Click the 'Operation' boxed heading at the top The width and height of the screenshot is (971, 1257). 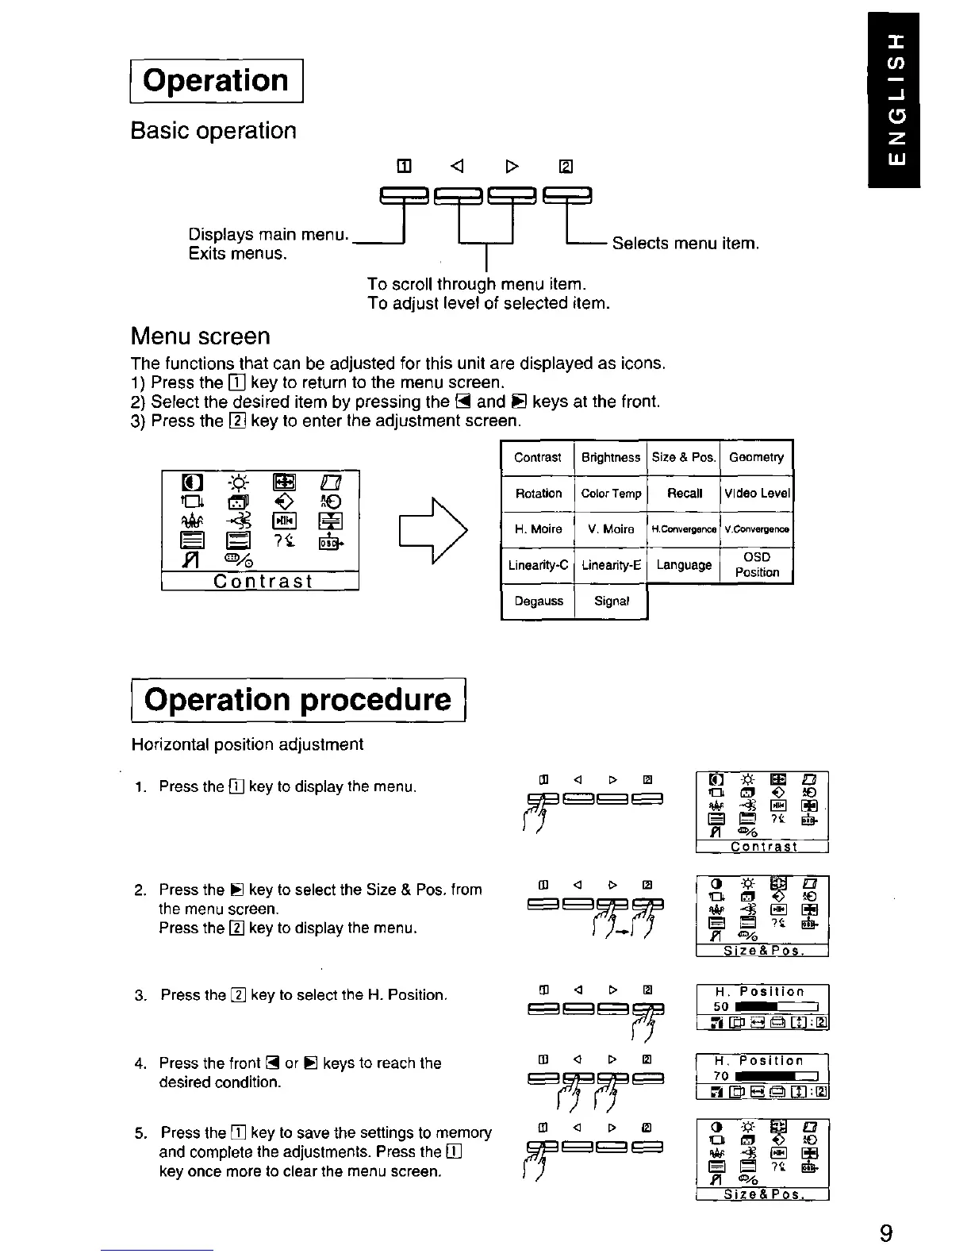(217, 81)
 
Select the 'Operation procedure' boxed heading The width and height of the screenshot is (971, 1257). (298, 700)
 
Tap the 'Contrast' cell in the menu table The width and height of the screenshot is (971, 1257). (537, 457)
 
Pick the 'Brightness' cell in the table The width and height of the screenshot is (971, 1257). (610, 457)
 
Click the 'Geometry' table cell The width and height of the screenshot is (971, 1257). (756, 457)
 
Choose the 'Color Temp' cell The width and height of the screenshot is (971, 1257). (611, 494)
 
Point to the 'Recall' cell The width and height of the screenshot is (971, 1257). (685, 494)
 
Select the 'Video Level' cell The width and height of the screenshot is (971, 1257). (757, 494)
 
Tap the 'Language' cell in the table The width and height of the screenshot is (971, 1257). (684, 565)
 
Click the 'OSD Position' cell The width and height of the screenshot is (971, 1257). (757, 565)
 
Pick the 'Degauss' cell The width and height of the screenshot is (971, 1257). (538, 601)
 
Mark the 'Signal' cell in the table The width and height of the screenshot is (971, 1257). (611, 601)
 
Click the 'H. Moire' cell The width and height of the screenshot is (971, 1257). (538, 529)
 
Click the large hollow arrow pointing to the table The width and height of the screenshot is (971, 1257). (432, 530)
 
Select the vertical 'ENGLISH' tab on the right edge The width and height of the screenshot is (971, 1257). (892, 100)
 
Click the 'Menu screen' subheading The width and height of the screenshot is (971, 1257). (200, 336)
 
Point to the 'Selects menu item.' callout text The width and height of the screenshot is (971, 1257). (685, 244)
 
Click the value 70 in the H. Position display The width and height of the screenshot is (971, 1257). (721, 1076)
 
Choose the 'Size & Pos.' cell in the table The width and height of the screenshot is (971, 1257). (684, 457)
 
